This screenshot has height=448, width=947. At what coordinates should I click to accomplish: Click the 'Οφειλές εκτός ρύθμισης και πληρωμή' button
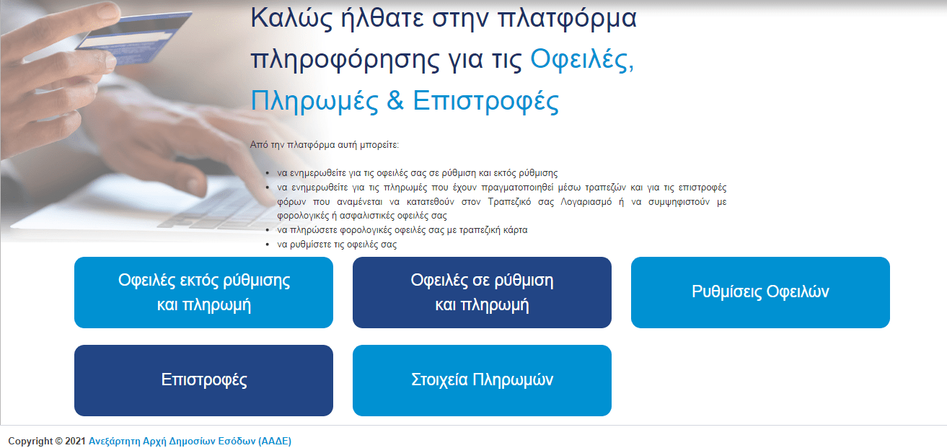(x=203, y=292)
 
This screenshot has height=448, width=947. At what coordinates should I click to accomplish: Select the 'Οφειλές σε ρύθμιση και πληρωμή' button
(x=482, y=292)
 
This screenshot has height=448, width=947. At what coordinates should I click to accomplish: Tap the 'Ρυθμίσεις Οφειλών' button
(x=760, y=292)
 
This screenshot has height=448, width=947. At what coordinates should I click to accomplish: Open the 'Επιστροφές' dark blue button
(x=203, y=380)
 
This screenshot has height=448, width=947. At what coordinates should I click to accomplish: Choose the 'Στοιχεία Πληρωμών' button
(x=482, y=380)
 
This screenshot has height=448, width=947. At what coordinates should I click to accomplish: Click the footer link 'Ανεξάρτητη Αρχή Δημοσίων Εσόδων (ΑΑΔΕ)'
(x=190, y=441)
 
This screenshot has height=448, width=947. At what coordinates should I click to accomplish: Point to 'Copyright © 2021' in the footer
(x=47, y=441)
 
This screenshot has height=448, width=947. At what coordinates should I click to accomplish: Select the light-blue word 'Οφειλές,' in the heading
(x=582, y=61)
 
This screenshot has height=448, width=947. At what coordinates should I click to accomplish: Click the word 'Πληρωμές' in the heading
(x=314, y=102)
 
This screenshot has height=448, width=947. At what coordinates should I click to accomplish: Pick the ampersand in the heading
(x=395, y=102)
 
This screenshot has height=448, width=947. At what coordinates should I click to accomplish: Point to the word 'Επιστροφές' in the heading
(x=485, y=102)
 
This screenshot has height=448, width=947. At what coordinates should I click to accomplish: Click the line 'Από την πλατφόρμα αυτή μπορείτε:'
(x=324, y=145)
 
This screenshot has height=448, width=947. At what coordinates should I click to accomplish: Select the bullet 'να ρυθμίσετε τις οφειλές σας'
(x=337, y=245)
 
